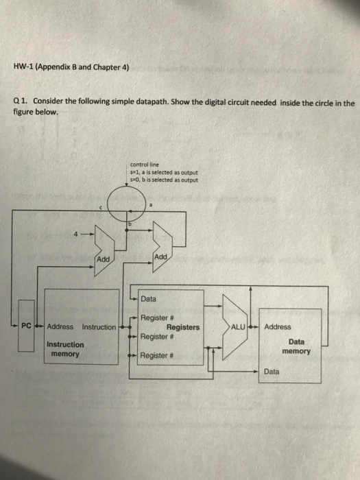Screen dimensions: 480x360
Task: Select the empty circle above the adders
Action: click(x=130, y=204)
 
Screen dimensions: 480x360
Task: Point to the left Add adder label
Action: click(x=103, y=259)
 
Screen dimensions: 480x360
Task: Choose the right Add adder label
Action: click(x=162, y=256)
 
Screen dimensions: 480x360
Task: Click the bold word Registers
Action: click(x=183, y=328)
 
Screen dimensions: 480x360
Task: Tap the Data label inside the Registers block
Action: click(x=148, y=299)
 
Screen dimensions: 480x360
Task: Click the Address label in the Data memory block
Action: click(x=278, y=327)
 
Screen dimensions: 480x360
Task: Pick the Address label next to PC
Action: click(x=60, y=327)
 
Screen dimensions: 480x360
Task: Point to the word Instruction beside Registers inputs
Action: click(x=99, y=327)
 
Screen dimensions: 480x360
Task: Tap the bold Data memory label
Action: click(x=296, y=346)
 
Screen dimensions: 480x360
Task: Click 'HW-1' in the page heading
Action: click(x=25, y=68)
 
